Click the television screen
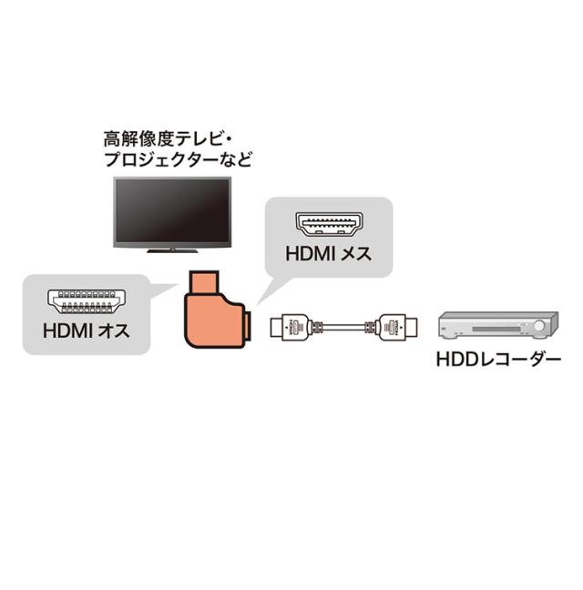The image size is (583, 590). [172, 211]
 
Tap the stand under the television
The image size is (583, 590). [172, 250]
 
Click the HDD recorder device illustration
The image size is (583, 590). [498, 325]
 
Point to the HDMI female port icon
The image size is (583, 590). [329, 224]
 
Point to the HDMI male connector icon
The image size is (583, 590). [87, 301]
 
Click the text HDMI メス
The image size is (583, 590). [329, 254]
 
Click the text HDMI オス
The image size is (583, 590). [87, 331]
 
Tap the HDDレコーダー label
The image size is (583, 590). [498, 360]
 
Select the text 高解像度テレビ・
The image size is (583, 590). [168, 138]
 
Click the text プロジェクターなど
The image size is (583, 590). [178, 159]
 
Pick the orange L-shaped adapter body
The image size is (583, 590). [214, 320]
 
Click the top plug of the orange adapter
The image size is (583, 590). [203, 282]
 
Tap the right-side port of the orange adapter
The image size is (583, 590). [248, 325]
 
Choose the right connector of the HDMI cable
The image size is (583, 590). [396, 327]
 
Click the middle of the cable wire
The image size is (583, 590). [344, 327]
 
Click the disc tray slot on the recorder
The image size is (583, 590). [496, 330]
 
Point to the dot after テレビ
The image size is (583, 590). [228, 139]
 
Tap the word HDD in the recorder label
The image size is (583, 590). [453, 360]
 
